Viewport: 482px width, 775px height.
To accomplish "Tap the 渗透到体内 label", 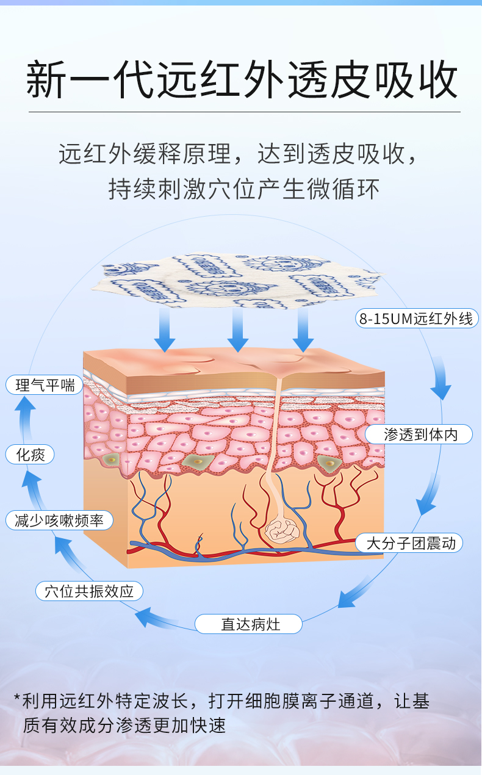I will [x=419, y=434].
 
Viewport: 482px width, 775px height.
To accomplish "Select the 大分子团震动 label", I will [x=409, y=543].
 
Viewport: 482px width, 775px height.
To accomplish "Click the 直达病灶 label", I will [x=249, y=624].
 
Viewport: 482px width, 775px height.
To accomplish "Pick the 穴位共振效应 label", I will [x=89, y=591].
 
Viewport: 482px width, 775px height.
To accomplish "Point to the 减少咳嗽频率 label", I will [x=59, y=521].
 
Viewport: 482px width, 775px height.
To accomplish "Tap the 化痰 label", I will [x=29, y=455].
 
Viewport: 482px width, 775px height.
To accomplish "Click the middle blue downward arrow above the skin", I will [x=237, y=330].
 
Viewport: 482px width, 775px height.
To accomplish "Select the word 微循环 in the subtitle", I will [x=344, y=189].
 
